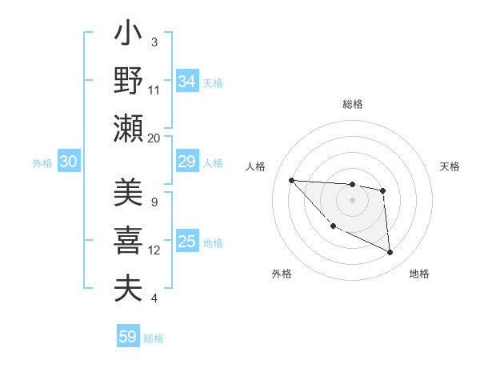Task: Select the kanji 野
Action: tap(128, 82)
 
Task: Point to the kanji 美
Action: tap(128, 194)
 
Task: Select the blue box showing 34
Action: tap(187, 82)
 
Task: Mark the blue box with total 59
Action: tap(128, 337)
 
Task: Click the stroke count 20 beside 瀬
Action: tap(154, 138)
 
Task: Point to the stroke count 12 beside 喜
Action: tap(154, 250)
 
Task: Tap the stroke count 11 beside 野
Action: tap(154, 90)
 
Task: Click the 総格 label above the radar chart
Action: tap(353, 105)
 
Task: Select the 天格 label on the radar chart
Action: tap(450, 166)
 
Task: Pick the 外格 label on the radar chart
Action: tap(282, 274)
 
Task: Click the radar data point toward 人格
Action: tap(292, 180)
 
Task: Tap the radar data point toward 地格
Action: tap(390, 253)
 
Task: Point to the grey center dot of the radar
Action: tap(352, 200)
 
